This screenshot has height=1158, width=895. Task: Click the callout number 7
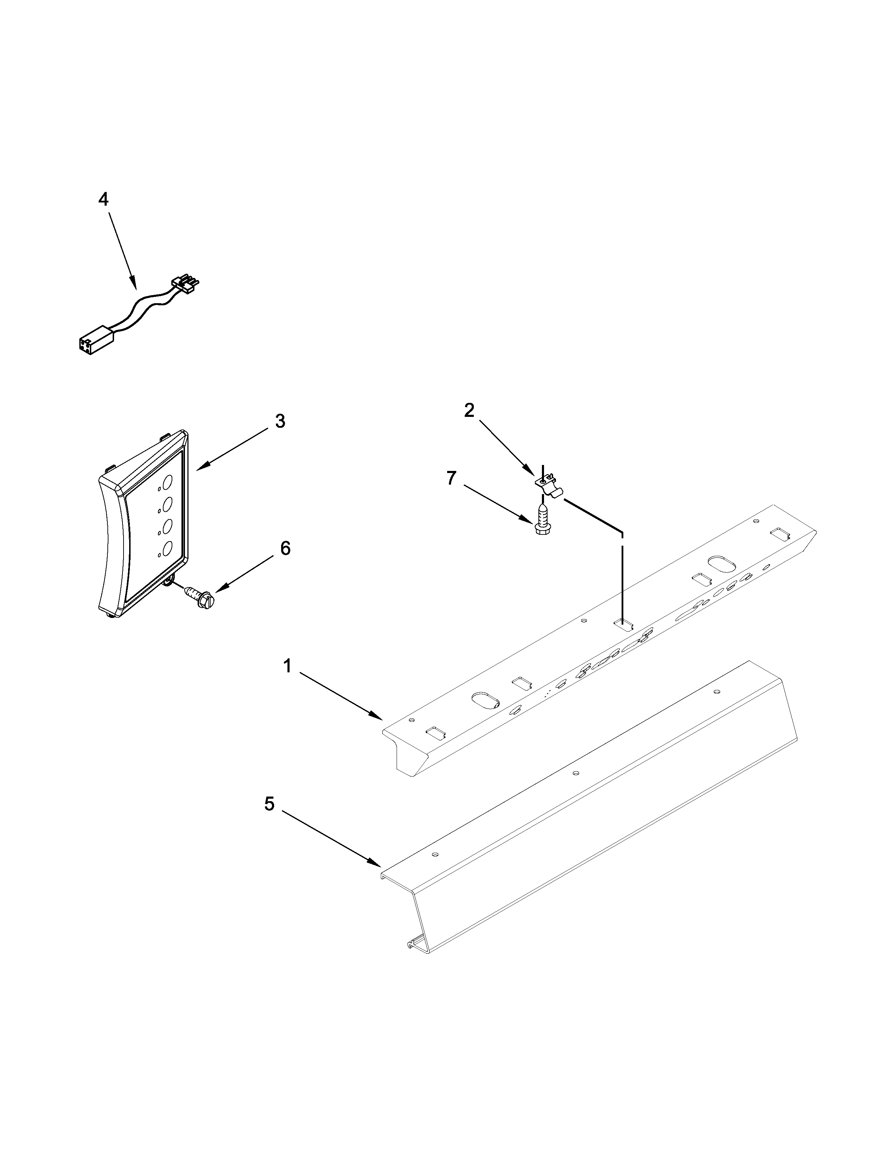click(451, 478)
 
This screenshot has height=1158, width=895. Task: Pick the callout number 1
click(287, 666)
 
